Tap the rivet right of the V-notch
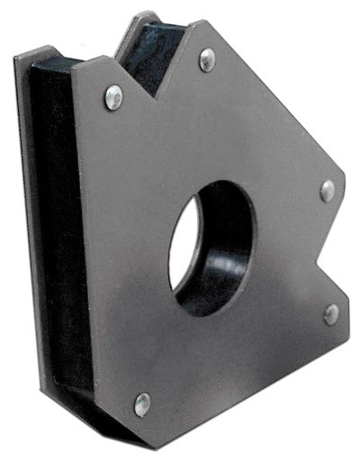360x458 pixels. [x=207, y=59]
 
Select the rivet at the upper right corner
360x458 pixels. [x=327, y=190]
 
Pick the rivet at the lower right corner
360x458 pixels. [x=330, y=313]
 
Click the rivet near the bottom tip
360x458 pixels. [x=142, y=404]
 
